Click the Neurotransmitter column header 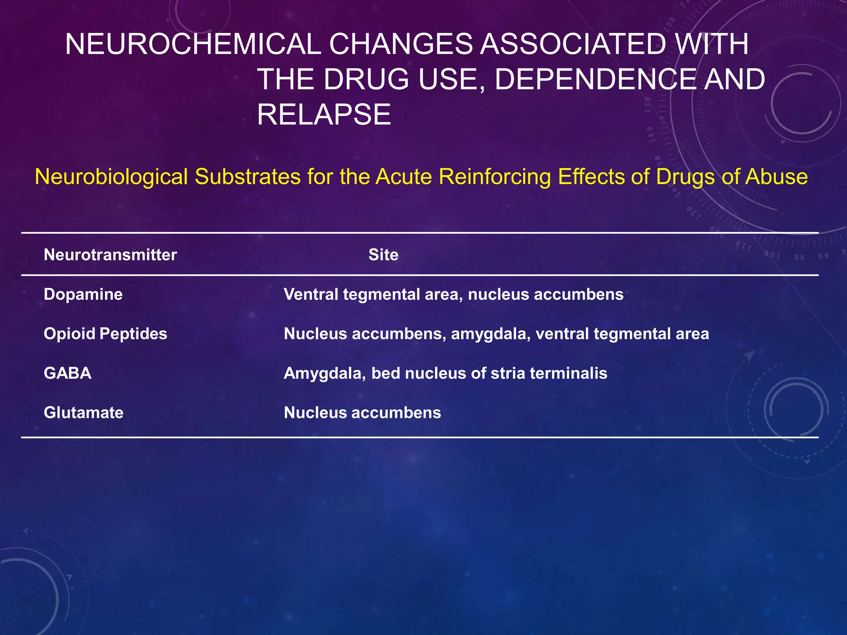(x=110, y=255)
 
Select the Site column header (x=383, y=255)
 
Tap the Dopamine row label (x=83, y=294)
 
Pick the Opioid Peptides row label (x=105, y=334)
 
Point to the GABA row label (x=67, y=373)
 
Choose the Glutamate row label (x=84, y=413)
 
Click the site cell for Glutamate (x=362, y=413)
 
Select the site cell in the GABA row (x=445, y=373)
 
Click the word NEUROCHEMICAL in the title (x=193, y=44)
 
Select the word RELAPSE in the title (x=324, y=115)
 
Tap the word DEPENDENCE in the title (x=595, y=79)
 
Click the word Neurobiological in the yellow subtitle (x=111, y=177)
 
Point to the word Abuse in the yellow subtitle (x=776, y=177)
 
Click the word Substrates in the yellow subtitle (x=247, y=177)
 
